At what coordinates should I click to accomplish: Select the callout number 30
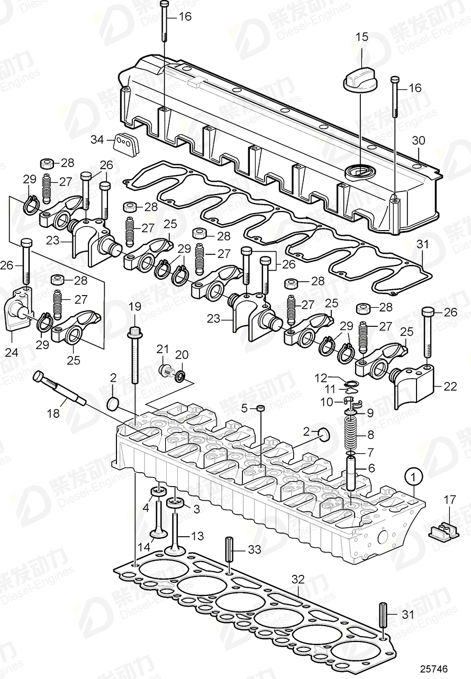(418, 141)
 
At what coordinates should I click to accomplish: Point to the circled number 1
(414, 478)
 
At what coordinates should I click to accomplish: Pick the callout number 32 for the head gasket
(298, 579)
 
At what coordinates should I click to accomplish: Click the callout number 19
(134, 306)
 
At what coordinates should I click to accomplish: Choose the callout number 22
(450, 387)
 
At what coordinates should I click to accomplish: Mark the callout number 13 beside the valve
(196, 537)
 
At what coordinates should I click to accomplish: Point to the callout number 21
(162, 348)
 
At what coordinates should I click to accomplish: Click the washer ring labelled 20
(179, 376)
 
